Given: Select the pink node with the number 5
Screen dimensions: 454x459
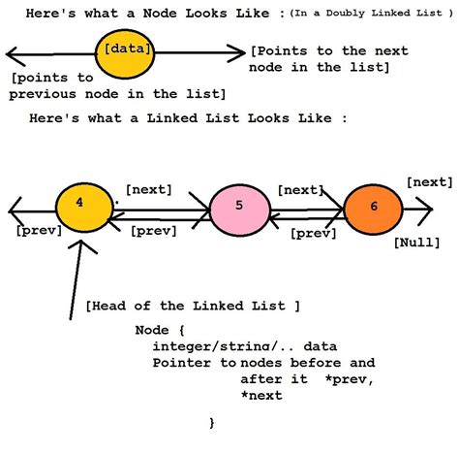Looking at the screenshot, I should pyautogui.click(x=238, y=207).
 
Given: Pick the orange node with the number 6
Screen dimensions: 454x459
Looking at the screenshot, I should pyautogui.click(x=373, y=207).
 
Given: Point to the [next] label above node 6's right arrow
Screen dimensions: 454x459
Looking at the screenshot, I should pyautogui.click(x=428, y=181).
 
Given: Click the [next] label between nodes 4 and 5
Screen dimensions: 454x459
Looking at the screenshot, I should pyautogui.click(x=150, y=190).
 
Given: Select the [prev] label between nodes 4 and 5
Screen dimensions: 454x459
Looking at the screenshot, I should pyautogui.click(x=153, y=231).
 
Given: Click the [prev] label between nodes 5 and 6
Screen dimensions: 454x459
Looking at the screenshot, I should pyautogui.click(x=315, y=233).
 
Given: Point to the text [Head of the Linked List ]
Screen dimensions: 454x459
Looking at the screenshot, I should pyautogui.click(x=192, y=306).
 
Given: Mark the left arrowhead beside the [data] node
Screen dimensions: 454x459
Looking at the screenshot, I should pyautogui.click(x=10, y=53).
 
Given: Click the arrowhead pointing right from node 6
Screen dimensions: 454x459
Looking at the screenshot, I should pyautogui.click(x=426, y=207).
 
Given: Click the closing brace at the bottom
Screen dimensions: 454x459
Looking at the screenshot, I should pyautogui.click(x=212, y=423).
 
